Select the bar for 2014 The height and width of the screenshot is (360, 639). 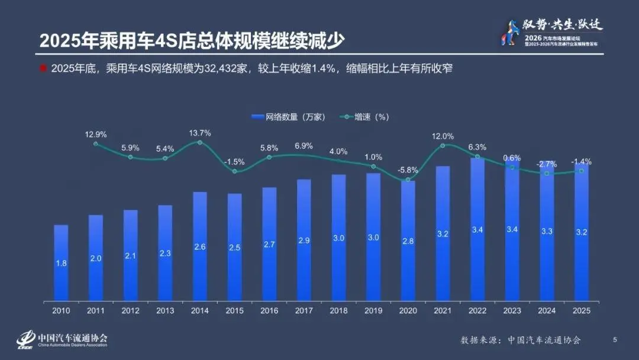click(x=200, y=246)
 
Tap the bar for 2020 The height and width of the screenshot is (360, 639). click(x=408, y=240)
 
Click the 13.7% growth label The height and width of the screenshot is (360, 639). click(x=199, y=133)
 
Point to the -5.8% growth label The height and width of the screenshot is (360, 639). click(x=408, y=169)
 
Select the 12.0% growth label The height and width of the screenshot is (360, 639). click(x=443, y=136)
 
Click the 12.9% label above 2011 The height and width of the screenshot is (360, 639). click(x=95, y=135)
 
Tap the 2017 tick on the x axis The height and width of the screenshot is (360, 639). click(x=304, y=310)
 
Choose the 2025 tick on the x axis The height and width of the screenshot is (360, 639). click(x=581, y=310)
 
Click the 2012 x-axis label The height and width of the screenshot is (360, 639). click(x=130, y=310)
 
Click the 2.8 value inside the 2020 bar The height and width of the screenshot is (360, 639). click(x=408, y=258)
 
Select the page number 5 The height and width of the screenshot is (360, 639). click(x=615, y=339)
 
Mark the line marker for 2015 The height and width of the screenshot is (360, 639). click(x=235, y=172)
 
